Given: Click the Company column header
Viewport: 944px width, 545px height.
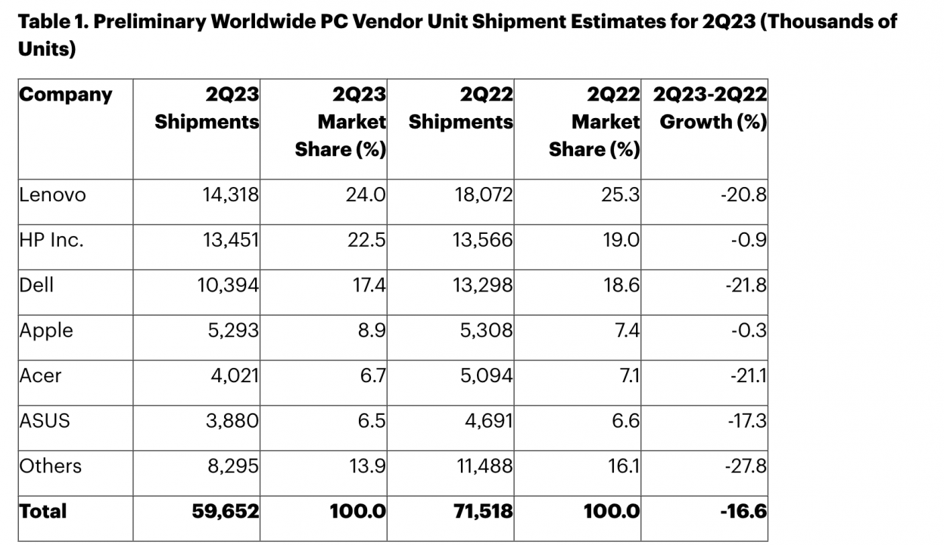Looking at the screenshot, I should [x=65, y=95].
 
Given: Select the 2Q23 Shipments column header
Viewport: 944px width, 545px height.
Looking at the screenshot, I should [x=207, y=108].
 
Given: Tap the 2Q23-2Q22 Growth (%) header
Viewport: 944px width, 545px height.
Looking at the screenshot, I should [x=710, y=108].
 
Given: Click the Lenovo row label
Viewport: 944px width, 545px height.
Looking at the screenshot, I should [x=52, y=195].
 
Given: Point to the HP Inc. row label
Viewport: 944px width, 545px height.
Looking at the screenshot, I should [x=51, y=240].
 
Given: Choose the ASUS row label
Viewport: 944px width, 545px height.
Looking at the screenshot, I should [x=45, y=420].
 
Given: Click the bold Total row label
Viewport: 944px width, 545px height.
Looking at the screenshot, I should [x=43, y=511].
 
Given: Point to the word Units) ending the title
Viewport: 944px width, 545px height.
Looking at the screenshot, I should [x=47, y=49].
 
